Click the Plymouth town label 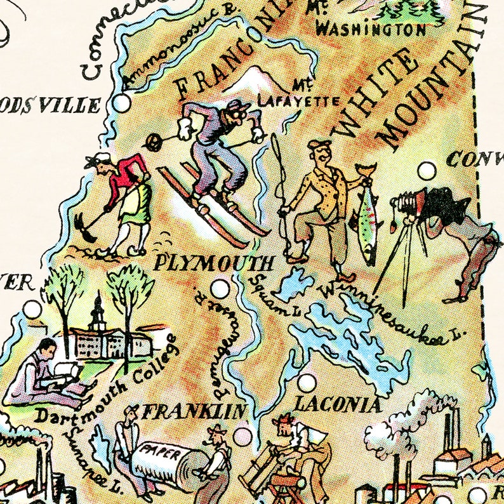(x=214, y=263)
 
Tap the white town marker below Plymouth (x=220, y=289)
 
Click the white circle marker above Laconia (x=307, y=383)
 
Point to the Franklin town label (x=194, y=412)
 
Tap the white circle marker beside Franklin (x=242, y=436)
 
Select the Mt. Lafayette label (x=298, y=95)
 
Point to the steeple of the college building (x=96, y=308)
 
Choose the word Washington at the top (x=371, y=29)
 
